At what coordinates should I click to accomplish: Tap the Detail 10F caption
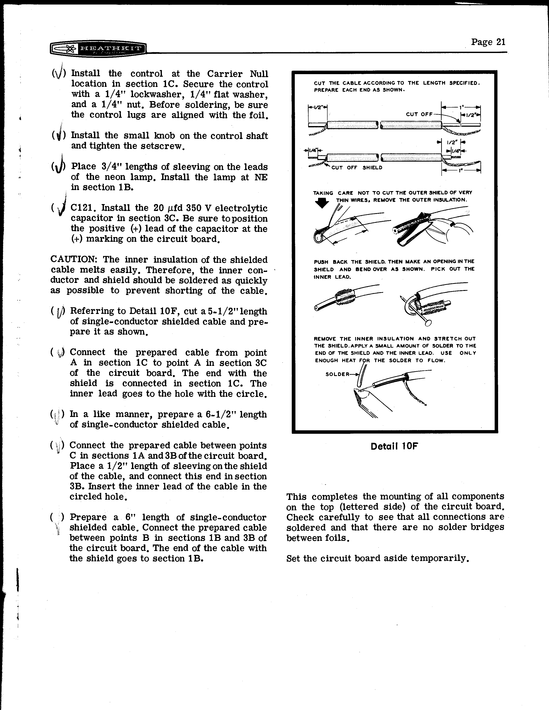tap(394, 446)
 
